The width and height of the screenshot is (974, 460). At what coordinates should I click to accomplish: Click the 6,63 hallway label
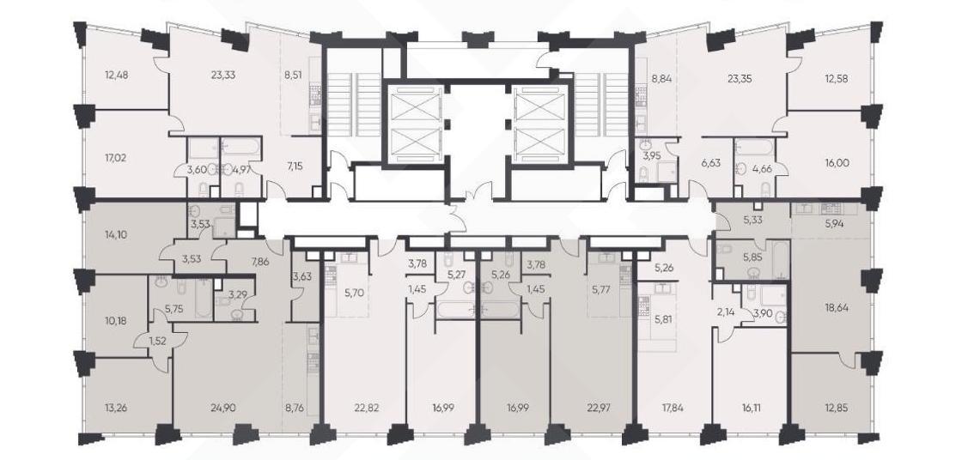click(713, 163)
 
